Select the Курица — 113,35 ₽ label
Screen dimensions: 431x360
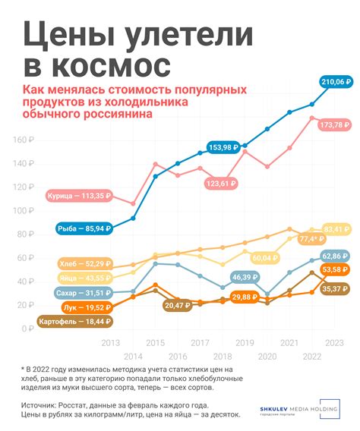pos(79,194)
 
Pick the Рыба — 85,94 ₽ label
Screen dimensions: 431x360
pos(84,227)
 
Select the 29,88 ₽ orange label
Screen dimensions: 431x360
pos(244,297)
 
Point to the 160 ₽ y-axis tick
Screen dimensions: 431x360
pos(24,140)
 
